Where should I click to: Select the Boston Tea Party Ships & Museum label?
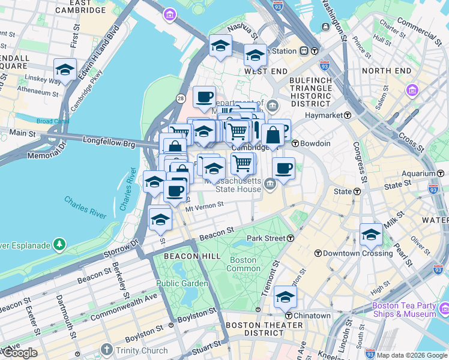click(405, 310)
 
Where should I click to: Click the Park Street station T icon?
click(291, 238)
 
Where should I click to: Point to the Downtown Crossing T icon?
click(319, 253)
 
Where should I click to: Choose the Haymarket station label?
click(322, 115)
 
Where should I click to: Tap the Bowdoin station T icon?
click(295, 143)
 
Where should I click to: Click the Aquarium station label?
click(408, 173)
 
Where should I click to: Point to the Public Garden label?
click(182, 283)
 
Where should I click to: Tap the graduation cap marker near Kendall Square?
click(65, 69)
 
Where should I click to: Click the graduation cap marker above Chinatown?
click(285, 296)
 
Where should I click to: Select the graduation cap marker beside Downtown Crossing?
click(371, 234)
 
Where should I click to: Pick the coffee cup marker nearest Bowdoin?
click(283, 168)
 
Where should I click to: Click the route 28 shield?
click(180, 98)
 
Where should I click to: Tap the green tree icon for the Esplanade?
click(59, 244)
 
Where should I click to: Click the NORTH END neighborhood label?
click(387, 71)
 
